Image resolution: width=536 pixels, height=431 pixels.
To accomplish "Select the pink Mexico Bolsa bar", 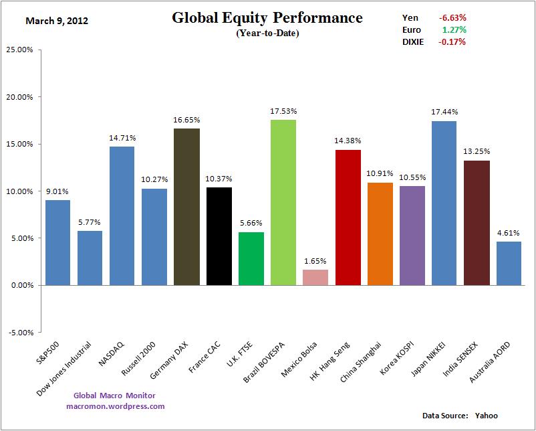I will point(315,277).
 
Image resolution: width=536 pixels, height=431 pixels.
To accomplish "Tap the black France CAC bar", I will point(219,236).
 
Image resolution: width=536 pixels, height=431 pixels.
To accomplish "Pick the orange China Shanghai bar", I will point(380,234).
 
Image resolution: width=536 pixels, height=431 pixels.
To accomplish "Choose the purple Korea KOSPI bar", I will point(412,235).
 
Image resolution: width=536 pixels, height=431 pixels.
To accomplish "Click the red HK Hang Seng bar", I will point(348,218).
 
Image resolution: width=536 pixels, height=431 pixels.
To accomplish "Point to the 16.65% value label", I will point(186,120).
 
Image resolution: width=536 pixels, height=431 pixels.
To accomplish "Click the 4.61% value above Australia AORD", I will point(508,233).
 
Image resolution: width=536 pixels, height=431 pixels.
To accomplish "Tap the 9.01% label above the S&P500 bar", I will point(57,191).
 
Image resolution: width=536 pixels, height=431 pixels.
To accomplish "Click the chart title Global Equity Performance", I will point(267,17).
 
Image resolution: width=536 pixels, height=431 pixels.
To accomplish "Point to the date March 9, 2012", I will point(57,21).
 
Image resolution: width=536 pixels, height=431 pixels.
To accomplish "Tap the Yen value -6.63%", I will point(452,17).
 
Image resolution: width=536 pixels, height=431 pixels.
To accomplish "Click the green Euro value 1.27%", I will point(454,29).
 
